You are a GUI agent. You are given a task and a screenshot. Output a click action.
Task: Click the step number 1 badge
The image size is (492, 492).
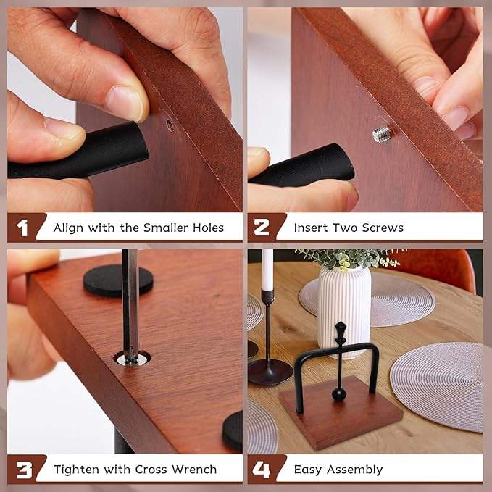[x=23, y=228]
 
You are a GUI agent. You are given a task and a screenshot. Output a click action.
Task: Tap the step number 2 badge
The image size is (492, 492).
[x=262, y=228]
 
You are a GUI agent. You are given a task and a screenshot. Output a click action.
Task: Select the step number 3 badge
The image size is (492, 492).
[x=24, y=469]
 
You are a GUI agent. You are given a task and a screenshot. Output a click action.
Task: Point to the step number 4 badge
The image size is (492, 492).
[x=262, y=469]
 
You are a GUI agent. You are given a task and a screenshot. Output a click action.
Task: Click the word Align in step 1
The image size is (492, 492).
[x=70, y=228]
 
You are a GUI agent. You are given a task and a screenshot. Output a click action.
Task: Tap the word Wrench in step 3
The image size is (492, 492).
[x=193, y=469]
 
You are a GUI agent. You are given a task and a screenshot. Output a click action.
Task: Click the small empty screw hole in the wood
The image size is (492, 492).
[x=170, y=125]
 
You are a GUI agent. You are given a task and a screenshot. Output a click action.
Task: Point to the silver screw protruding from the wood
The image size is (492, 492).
[x=381, y=133]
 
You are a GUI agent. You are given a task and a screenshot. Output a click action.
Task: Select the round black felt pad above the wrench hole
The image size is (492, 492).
[x=118, y=280]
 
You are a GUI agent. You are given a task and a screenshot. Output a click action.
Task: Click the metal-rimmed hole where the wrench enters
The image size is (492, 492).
[x=133, y=358]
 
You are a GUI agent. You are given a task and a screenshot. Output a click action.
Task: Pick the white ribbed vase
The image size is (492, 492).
[x=343, y=304]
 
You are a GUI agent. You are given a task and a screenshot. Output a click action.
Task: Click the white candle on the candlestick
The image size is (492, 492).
[x=267, y=270]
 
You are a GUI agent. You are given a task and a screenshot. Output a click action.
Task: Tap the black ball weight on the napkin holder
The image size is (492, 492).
[x=339, y=394]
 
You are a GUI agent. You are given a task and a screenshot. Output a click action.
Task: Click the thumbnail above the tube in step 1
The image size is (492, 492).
[x=125, y=102]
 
